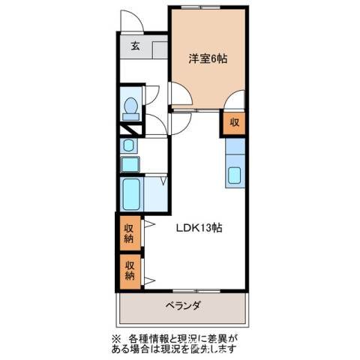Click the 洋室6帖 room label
point(206,57)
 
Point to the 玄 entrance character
point(136,46)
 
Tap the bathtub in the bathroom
point(135,193)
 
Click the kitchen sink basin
point(234,177)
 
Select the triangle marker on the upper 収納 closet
point(149,223)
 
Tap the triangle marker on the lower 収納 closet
point(149,280)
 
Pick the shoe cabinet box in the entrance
point(159,50)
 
